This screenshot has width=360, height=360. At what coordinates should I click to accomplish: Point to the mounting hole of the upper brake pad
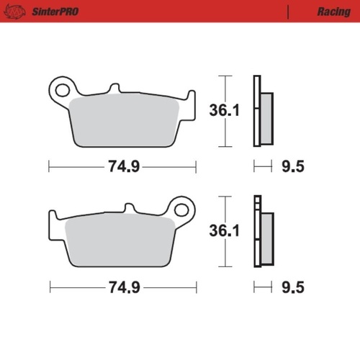tap(61, 90)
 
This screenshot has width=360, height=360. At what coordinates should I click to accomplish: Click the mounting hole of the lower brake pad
tap(182, 210)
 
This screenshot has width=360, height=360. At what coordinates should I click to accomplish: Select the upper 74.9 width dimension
tap(123, 167)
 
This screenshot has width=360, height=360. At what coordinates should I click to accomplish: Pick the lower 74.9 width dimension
tap(123, 287)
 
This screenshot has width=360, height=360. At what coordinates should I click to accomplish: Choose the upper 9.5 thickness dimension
tap(292, 167)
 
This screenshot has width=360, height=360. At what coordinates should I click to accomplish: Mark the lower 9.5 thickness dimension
tap(292, 287)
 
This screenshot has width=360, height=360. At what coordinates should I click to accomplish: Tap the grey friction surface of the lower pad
tap(120, 241)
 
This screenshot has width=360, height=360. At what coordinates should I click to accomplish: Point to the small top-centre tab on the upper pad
tap(112, 90)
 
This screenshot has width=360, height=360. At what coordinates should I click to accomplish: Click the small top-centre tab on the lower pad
tap(130, 210)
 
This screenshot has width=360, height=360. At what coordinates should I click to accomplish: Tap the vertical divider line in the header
tap(288, 12)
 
